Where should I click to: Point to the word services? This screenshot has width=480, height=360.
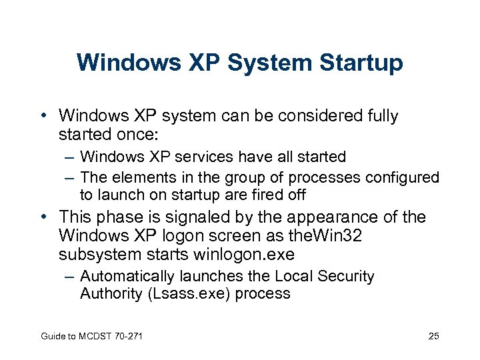[201, 157]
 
